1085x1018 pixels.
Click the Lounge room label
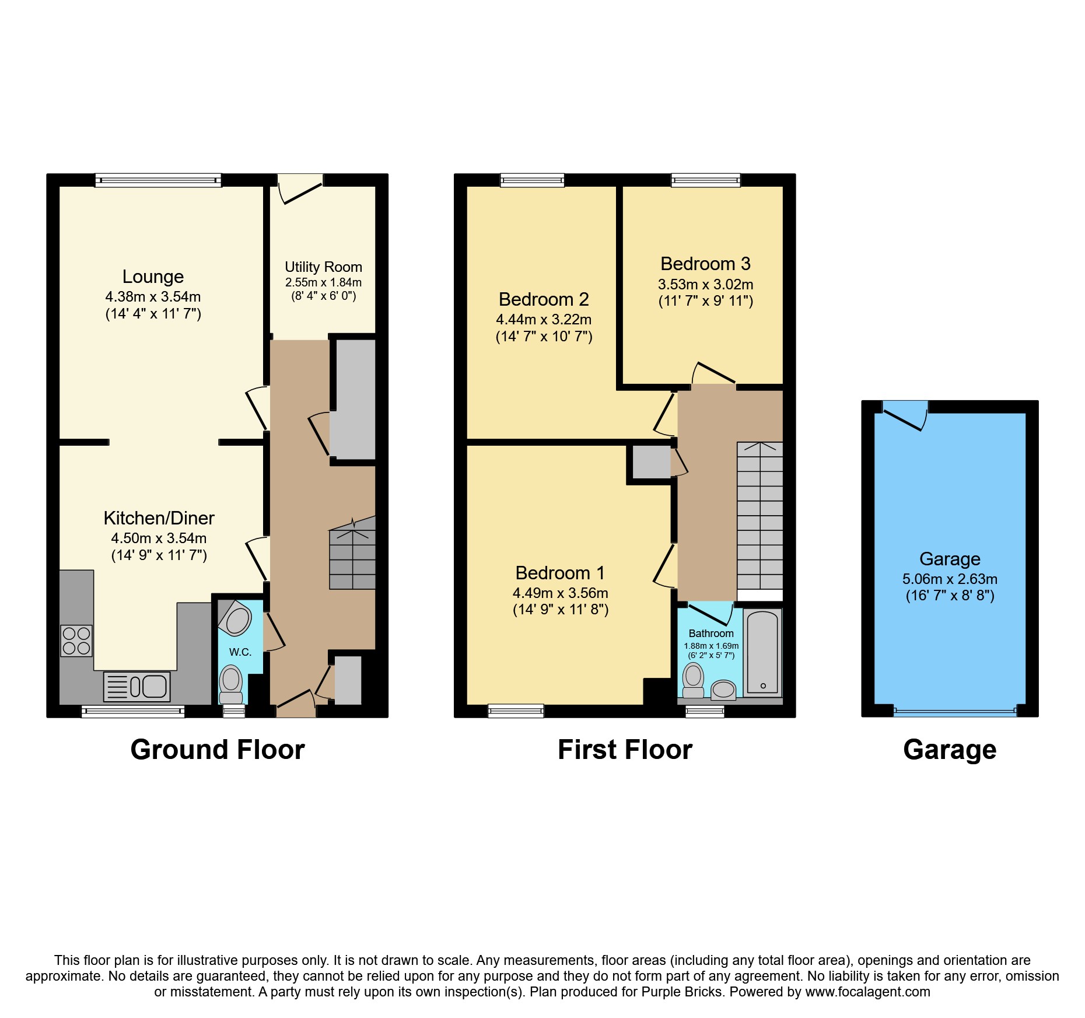point(153,277)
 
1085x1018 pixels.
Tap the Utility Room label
point(323,267)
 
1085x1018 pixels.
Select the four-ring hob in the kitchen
point(76,641)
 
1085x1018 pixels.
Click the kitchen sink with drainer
point(136,686)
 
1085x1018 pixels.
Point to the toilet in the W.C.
point(231,684)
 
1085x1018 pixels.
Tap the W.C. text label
point(240,652)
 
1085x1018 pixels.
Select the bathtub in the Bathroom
point(762,652)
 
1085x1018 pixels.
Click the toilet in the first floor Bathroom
point(693,680)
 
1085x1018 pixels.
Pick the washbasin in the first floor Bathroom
point(723,690)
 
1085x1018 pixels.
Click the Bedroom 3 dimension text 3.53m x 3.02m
point(706,285)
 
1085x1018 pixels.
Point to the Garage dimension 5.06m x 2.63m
point(950,579)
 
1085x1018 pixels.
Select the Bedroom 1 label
point(560,573)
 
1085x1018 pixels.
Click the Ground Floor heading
point(218,750)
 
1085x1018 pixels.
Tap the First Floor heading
point(625,750)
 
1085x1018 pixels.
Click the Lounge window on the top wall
point(159,180)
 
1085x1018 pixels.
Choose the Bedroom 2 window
point(532,180)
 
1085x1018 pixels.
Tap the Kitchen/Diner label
point(159,518)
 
